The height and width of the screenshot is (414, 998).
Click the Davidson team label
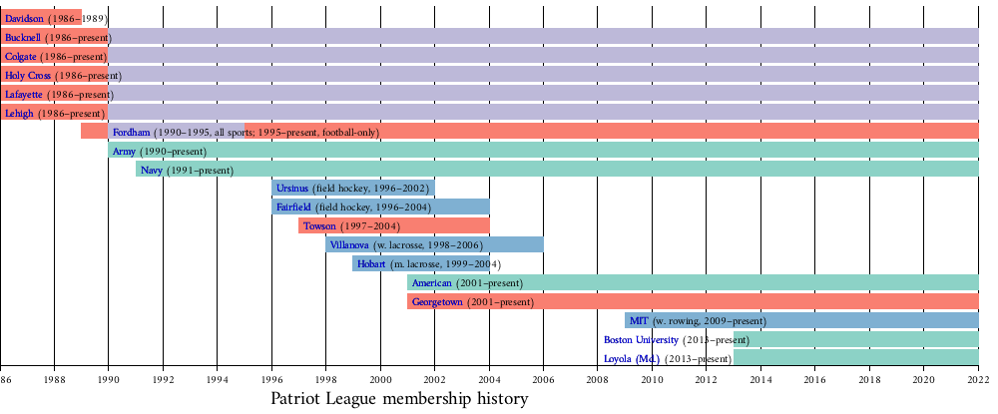pos(23,19)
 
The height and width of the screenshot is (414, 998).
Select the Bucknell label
pos(23,38)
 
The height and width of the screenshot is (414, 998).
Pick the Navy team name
pos(152,171)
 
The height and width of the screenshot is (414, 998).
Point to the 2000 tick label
pos(380,380)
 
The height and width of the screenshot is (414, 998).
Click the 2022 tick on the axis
pos(978,380)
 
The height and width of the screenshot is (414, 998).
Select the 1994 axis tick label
pos(218,380)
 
